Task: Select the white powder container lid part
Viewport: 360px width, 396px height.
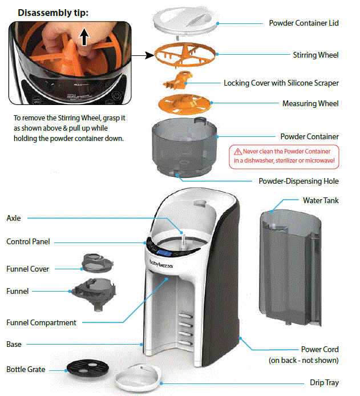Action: [x=185, y=21]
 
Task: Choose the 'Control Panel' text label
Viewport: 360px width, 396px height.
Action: [x=29, y=241]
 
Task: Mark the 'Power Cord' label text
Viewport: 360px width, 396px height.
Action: [x=319, y=349]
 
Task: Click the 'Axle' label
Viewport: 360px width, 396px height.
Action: [x=14, y=218]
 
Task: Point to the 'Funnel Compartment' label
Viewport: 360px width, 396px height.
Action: [x=41, y=322]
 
